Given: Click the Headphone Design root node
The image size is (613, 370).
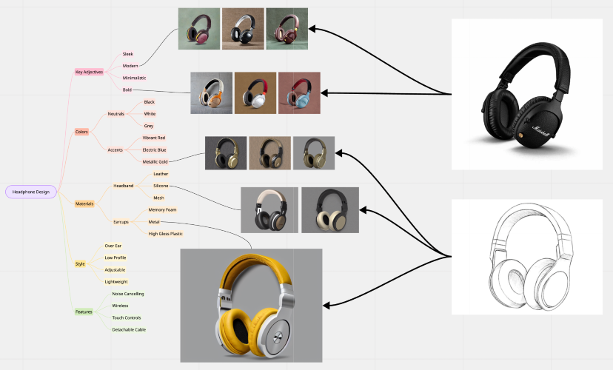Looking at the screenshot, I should tap(30, 192).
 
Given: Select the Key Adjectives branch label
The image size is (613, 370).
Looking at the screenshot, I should tap(89, 72).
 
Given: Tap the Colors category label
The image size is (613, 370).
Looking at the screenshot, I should tap(81, 132).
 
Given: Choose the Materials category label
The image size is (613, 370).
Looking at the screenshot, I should tap(84, 203).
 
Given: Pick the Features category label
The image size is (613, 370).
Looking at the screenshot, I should tap(84, 312).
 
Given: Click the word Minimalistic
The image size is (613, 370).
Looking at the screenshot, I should tap(134, 78).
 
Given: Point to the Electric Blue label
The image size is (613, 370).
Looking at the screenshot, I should tap(154, 149).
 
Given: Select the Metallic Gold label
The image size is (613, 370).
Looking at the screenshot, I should tap(155, 161).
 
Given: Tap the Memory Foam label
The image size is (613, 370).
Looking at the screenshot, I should tap(161, 209).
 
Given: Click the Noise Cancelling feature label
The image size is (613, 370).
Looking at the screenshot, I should tap(128, 294).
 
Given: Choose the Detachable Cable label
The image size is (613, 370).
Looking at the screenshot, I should tap(128, 329).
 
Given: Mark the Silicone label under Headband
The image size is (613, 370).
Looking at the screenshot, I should tap(161, 185).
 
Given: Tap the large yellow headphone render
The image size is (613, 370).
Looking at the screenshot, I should tap(251, 305).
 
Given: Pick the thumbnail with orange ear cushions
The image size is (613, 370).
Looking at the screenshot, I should tap(211, 93).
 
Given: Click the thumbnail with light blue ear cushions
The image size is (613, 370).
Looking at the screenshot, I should tap(299, 93).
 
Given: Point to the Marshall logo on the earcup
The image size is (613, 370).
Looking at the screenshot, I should tap(531, 123).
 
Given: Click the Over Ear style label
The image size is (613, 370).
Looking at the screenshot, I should tap(113, 245).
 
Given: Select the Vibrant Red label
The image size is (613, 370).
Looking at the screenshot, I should tap(154, 138).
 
